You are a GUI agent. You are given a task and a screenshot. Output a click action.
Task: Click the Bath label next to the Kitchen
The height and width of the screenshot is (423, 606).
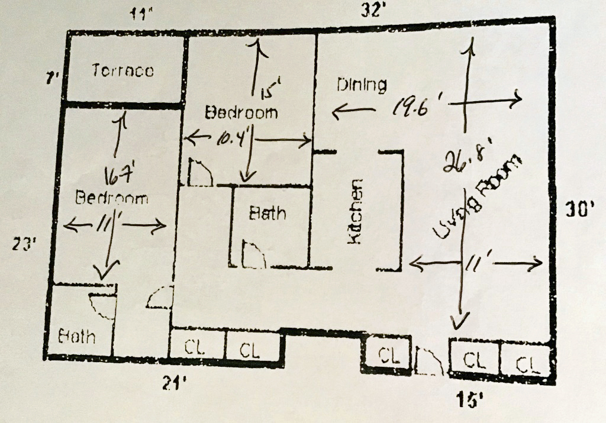tap(267, 212)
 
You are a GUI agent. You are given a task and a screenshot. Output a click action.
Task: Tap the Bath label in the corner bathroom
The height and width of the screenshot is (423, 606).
tap(77, 336)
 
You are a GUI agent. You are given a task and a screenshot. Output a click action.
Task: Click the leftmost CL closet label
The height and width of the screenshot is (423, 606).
tap(195, 348)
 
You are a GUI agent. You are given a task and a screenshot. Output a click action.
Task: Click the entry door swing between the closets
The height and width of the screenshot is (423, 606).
tap(427, 361)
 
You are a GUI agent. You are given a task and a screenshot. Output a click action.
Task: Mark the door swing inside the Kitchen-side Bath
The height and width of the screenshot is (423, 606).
tap(253, 254)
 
